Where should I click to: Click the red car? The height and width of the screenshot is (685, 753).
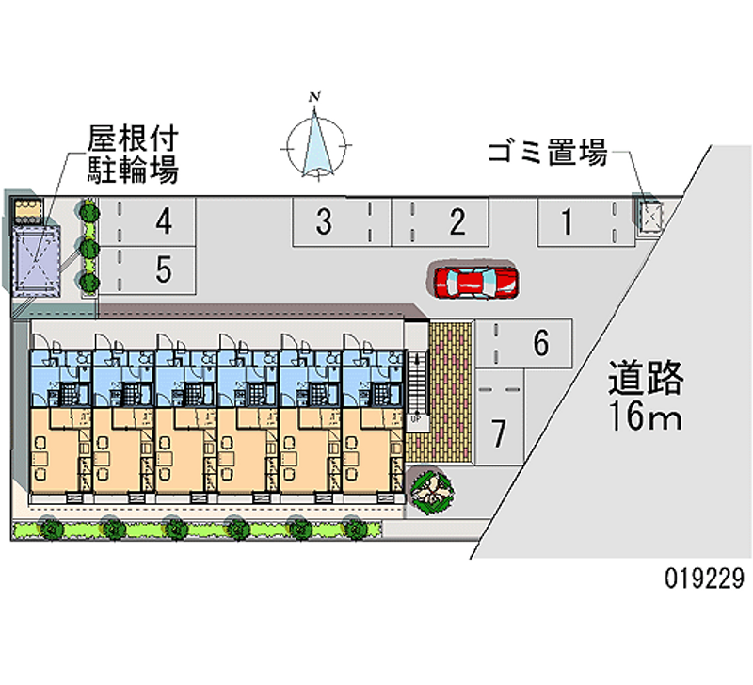475,281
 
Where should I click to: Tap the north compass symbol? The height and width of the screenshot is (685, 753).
318,146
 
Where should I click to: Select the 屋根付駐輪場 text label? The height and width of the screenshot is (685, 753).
133,155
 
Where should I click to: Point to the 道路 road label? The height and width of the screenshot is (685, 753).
645,379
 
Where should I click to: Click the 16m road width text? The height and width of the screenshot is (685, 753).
645,416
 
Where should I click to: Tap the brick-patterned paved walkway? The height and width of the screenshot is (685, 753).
450,390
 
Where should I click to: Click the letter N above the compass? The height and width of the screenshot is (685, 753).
318,96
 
